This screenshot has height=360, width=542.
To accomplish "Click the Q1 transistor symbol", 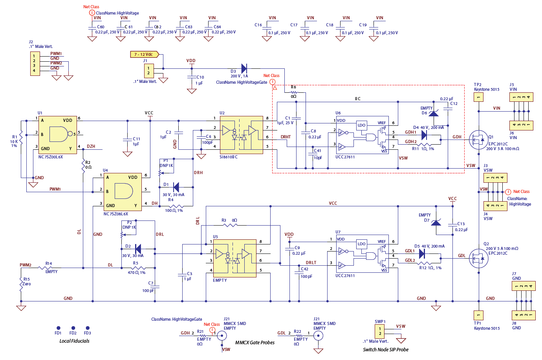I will click(x=478, y=140).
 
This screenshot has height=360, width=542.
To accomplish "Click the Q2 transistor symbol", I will click(x=478, y=258).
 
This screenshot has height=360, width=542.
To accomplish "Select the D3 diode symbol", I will click(x=244, y=69).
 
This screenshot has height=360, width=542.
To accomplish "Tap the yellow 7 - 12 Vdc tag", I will click(x=144, y=54).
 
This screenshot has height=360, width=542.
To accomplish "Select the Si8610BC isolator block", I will click(x=241, y=135).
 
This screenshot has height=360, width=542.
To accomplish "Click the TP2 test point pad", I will click(x=478, y=97).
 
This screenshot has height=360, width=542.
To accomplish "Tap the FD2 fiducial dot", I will click(x=73, y=328).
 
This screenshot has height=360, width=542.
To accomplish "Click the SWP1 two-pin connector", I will click(x=380, y=331).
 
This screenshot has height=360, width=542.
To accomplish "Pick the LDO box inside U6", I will click(x=361, y=125).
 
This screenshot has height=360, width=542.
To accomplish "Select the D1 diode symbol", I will click(x=176, y=187).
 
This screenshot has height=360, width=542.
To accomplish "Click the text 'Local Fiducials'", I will click(x=74, y=341).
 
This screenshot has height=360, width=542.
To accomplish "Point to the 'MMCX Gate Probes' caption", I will click(x=255, y=342).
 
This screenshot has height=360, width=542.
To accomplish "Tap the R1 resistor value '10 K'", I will click(x=14, y=141).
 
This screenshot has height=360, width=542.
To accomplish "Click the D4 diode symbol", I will click(x=424, y=135).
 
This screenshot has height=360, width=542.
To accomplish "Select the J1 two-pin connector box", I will click(x=148, y=71).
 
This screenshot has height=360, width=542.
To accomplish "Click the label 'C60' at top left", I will click(x=101, y=27).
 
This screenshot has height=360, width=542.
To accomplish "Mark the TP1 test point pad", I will click(x=478, y=315).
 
